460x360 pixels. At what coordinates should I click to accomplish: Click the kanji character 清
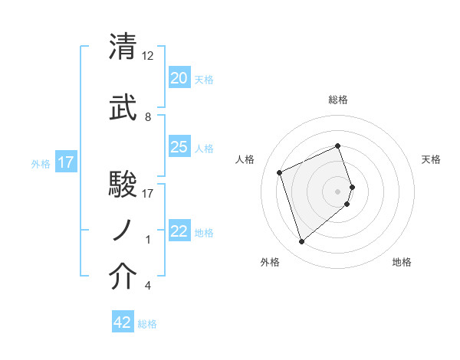coord(123,47)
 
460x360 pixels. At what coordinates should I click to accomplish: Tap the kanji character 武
coord(123,109)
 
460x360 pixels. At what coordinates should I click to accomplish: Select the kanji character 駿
coord(123,185)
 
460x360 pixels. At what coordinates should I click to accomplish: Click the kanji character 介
coord(123,277)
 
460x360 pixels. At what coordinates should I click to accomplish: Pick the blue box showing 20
coord(179,78)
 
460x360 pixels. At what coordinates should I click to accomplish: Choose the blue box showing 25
coord(179,147)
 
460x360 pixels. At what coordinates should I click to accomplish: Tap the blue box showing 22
coord(179,231)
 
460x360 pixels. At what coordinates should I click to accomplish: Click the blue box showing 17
coord(65,162)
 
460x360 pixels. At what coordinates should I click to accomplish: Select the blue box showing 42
coord(123,322)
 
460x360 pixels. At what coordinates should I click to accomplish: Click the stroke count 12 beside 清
coord(148,56)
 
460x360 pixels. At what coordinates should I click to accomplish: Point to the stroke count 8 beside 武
coord(148,117)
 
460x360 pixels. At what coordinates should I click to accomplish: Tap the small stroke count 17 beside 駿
coord(148,193)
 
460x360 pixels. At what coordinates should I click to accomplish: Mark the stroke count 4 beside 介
coord(148,286)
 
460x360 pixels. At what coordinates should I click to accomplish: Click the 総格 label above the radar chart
coord(338,100)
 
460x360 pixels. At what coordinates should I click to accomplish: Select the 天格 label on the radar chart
coord(431,160)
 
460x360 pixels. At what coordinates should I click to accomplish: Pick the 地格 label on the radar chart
coord(402,262)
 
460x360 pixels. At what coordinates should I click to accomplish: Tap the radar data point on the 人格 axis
coord(280,172)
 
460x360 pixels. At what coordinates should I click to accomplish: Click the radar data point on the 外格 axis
coord(301,242)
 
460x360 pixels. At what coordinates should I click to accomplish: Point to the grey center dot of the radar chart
coord(338,190)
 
